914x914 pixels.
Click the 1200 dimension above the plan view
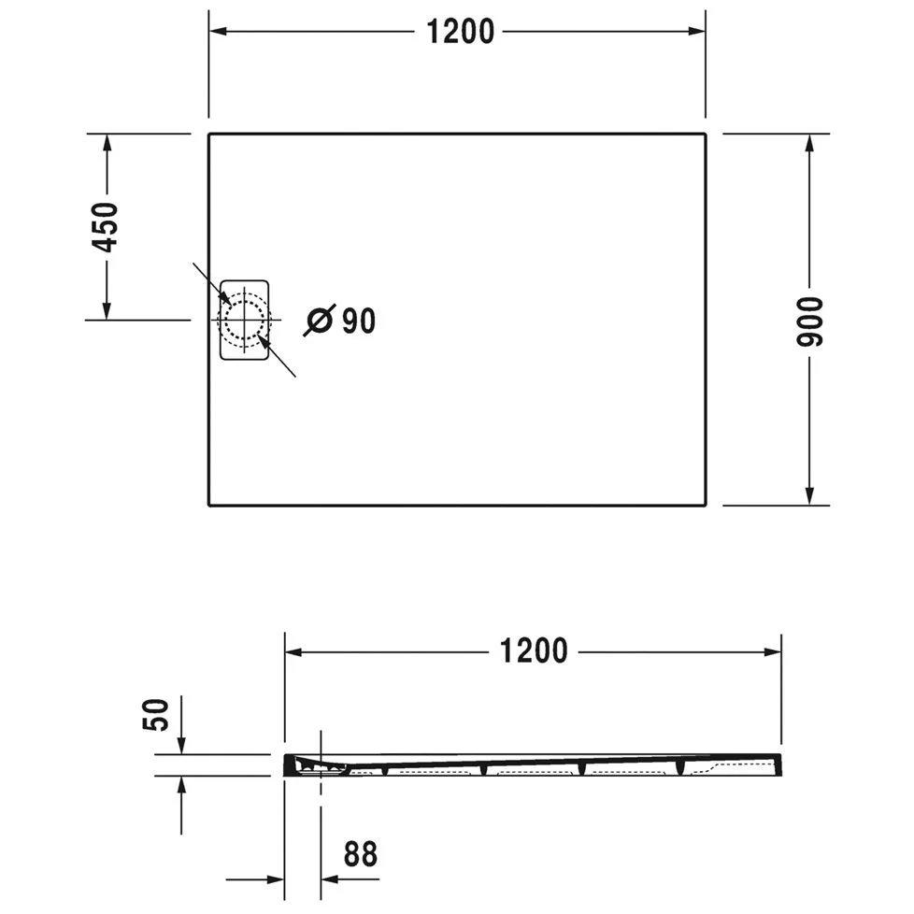coord(460,31)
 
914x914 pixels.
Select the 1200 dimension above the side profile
coord(534,650)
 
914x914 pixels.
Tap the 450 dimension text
coord(106,226)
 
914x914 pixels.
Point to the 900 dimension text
coord(809,321)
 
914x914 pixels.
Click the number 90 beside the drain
coord(358,321)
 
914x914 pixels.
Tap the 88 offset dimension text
coord(362,853)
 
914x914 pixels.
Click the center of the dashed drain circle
coord(245,320)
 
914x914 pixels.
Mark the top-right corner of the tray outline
coord(706,135)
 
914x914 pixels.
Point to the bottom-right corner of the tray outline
coord(706,505)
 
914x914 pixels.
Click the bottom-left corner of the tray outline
coord(208,505)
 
